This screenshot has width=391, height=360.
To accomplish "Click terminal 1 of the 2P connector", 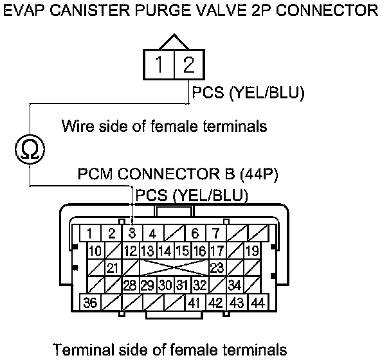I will click(158, 65).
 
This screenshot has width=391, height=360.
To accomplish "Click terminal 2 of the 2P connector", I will click(187, 65).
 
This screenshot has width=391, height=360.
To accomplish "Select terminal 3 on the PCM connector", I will click(132, 233).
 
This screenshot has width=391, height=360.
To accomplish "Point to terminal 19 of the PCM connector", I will click(252, 250).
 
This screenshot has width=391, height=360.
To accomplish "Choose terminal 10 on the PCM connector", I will click(95, 250).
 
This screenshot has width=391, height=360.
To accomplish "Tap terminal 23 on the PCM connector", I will click(217, 267).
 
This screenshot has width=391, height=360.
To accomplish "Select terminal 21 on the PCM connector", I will click(113, 267).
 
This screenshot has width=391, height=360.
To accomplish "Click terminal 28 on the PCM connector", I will click(130, 285).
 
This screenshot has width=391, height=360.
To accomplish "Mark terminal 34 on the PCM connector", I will click(235, 285).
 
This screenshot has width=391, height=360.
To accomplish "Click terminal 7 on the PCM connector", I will click(216, 233).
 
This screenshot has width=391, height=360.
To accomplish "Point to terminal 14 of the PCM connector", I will click(165, 250).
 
